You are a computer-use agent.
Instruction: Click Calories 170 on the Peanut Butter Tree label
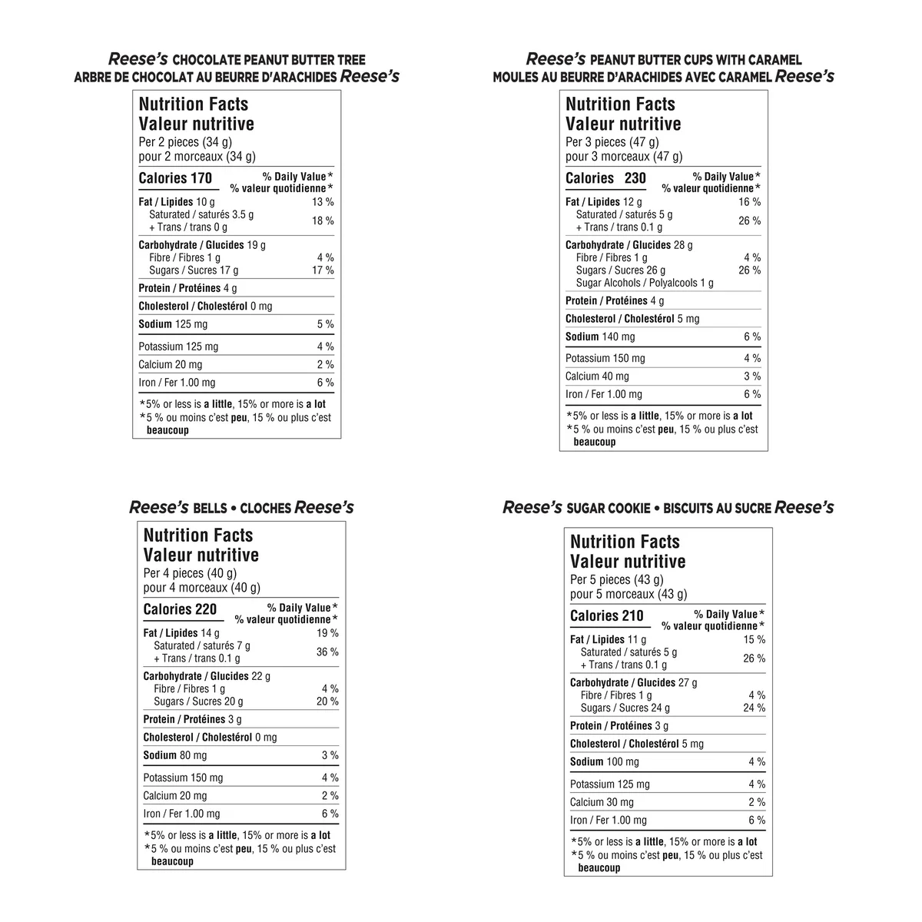pyautogui.click(x=175, y=179)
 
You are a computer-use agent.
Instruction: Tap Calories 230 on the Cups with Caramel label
pyautogui.click(x=605, y=179)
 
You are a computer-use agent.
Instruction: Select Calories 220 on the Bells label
pyautogui.click(x=180, y=610)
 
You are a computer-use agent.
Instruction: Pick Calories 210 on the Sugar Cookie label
pyautogui.click(x=607, y=616)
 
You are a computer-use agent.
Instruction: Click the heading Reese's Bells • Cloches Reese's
pyautogui.click(x=241, y=508)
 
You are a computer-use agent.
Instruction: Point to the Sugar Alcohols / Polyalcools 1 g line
pyautogui.click(x=645, y=283)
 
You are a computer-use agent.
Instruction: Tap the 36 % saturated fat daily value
pyautogui.click(x=327, y=652)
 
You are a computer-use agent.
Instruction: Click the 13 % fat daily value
pyautogui.click(x=323, y=202)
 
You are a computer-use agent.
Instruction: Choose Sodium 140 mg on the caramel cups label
pyautogui.click(x=600, y=337)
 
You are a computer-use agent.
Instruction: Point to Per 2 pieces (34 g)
pyautogui.click(x=185, y=142)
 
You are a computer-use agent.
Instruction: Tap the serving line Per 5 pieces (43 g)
pyautogui.click(x=616, y=580)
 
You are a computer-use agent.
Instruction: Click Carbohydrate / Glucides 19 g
pyautogui.click(x=202, y=245)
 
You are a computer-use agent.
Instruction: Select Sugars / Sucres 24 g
pyautogui.click(x=625, y=708)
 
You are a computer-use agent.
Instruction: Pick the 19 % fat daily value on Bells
pyautogui.click(x=327, y=634)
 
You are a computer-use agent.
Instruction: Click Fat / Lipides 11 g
pyautogui.click(x=608, y=639)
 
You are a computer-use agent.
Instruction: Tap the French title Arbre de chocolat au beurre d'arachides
pyautogui.click(x=205, y=78)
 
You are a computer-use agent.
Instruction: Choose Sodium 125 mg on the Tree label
pyautogui.click(x=173, y=324)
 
